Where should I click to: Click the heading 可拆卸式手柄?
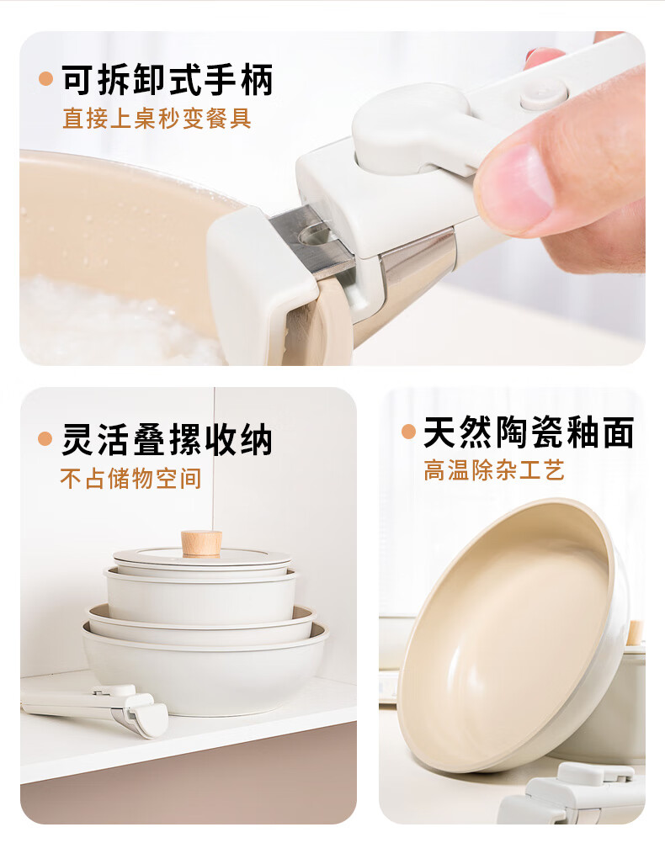pos(168,80)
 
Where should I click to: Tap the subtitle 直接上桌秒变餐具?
pos(157,119)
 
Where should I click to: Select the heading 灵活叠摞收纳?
pos(168,438)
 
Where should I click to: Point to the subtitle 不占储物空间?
pos(131,478)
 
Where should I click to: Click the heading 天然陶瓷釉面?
pos(529,432)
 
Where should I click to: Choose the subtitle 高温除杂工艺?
pos(494,470)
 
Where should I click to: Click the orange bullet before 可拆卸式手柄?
pos(45,79)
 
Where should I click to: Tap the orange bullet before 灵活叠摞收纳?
pos(45,438)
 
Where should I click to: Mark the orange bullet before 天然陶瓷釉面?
pos(409,432)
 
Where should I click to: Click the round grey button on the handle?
pos(544,95)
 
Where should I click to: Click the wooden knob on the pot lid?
pos(201,543)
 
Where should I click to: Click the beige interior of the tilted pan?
pos(506,634)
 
